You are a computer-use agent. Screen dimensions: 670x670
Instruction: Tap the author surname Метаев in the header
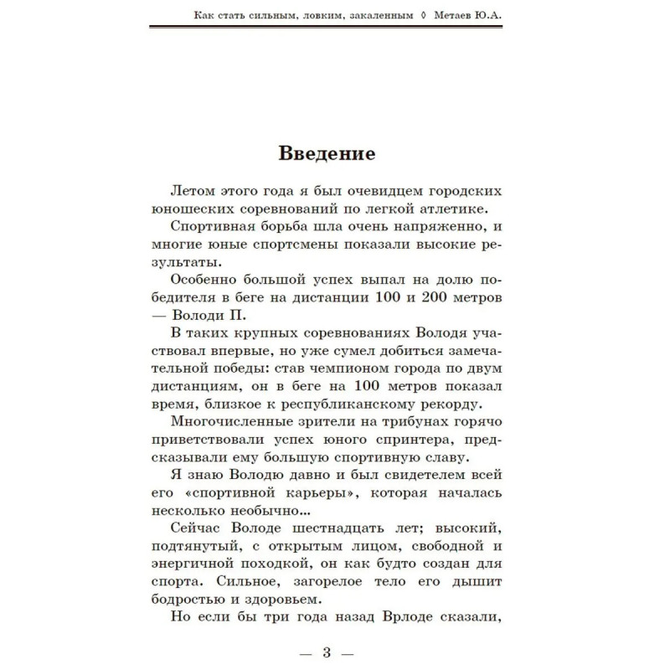(x=459, y=13)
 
